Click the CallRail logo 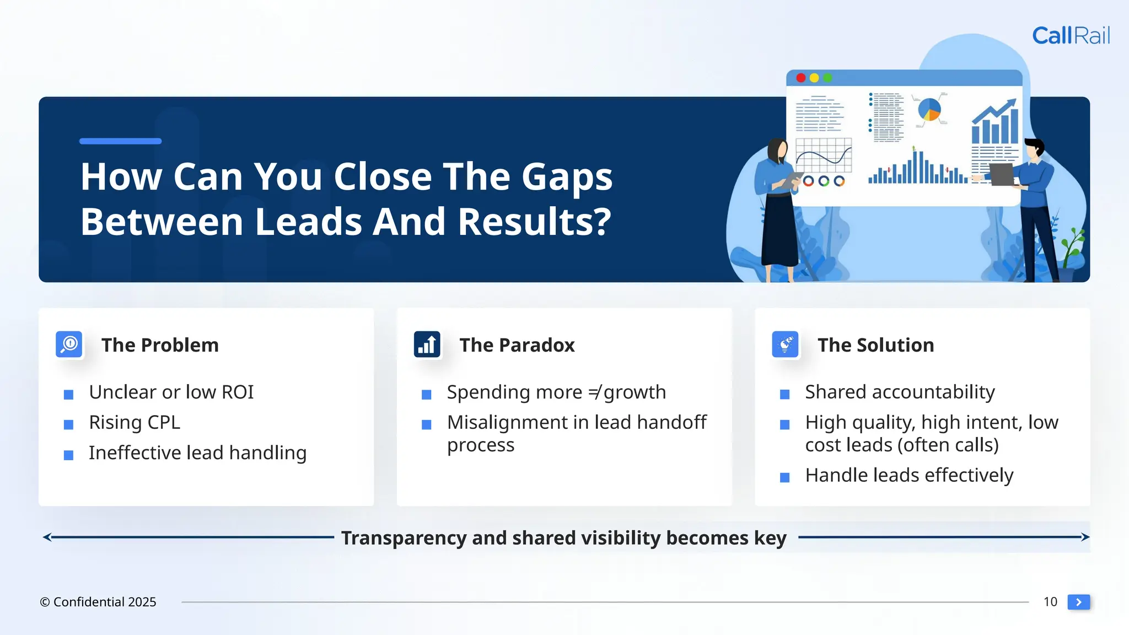(1071, 36)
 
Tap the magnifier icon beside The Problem (69, 345)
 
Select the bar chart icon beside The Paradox (427, 345)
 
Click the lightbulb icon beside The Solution (785, 345)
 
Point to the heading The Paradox (517, 345)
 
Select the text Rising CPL (135, 422)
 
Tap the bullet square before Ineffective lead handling (69, 455)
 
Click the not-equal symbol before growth (594, 392)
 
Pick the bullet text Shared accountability (900, 392)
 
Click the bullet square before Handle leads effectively (785, 477)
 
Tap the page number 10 (1050, 602)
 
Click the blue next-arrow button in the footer (1079, 602)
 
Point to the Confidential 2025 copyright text (98, 602)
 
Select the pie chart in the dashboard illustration (929, 109)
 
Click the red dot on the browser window (801, 78)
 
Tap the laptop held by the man (1002, 174)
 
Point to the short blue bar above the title (120, 141)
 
